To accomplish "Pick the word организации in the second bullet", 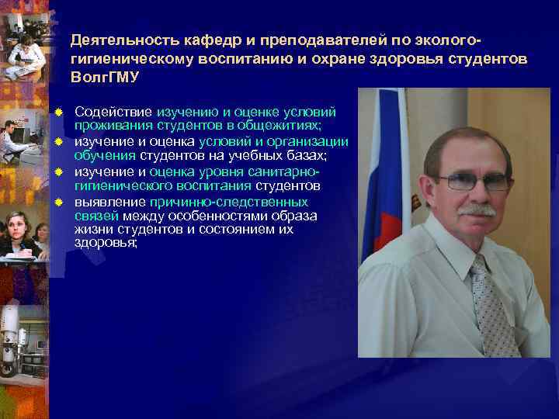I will pyautogui.click(x=308, y=141).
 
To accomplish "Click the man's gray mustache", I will pyautogui.click(x=476, y=209).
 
